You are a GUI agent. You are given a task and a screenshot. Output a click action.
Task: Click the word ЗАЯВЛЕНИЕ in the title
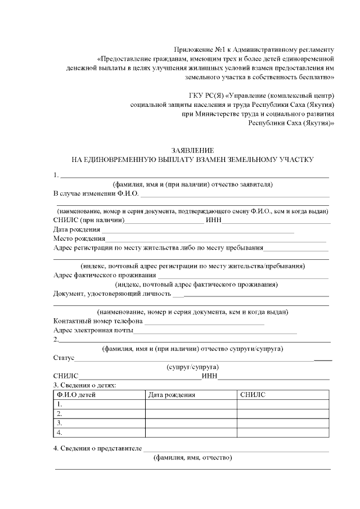(192, 151)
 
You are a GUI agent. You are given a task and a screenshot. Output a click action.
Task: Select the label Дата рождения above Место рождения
(76, 229)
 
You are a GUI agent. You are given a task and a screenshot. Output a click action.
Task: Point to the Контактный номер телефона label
(98, 321)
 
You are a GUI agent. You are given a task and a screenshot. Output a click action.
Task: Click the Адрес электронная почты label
(93, 330)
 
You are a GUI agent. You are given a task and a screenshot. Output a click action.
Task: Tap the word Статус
(64, 358)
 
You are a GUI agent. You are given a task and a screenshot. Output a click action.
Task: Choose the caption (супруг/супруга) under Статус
(192, 367)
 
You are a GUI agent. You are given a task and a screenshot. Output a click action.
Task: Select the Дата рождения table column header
(172, 395)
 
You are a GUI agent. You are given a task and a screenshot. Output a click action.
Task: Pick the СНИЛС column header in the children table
(253, 395)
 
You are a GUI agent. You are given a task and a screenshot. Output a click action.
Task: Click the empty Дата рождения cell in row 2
(191, 413)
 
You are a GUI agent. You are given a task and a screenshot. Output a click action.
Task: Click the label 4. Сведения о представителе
(97, 448)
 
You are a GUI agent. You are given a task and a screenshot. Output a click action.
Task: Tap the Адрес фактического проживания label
(104, 275)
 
